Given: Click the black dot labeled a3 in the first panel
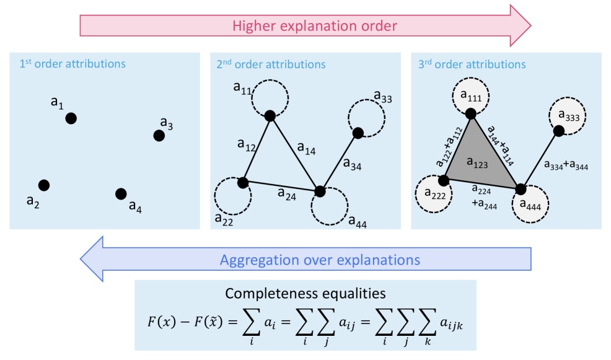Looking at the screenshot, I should tap(159, 136).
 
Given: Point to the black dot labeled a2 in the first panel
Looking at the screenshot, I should tap(43, 185).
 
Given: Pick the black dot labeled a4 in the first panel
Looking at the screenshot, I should tap(121, 194).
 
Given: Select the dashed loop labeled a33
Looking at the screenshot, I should tap(366, 116).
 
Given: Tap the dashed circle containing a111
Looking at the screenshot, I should tap(470, 97).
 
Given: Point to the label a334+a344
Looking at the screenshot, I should tap(566, 165).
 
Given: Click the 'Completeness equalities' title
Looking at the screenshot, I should tap(305, 293).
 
